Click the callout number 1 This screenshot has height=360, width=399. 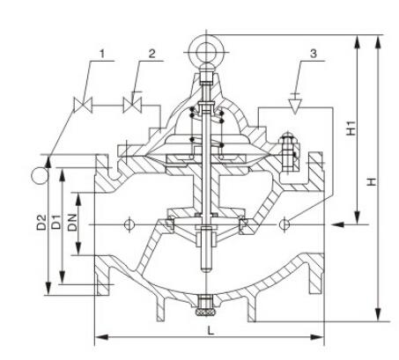click(x=102, y=54)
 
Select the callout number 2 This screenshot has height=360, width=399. click(x=151, y=54)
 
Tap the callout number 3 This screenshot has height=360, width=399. click(x=314, y=54)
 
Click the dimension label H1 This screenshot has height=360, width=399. click(x=351, y=128)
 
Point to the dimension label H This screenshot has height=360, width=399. click(x=373, y=181)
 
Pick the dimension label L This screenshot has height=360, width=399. click(x=211, y=331)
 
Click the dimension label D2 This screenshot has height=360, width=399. click(x=41, y=222)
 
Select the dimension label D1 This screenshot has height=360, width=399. click(x=55, y=222)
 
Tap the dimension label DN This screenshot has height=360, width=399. click(x=72, y=222)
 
